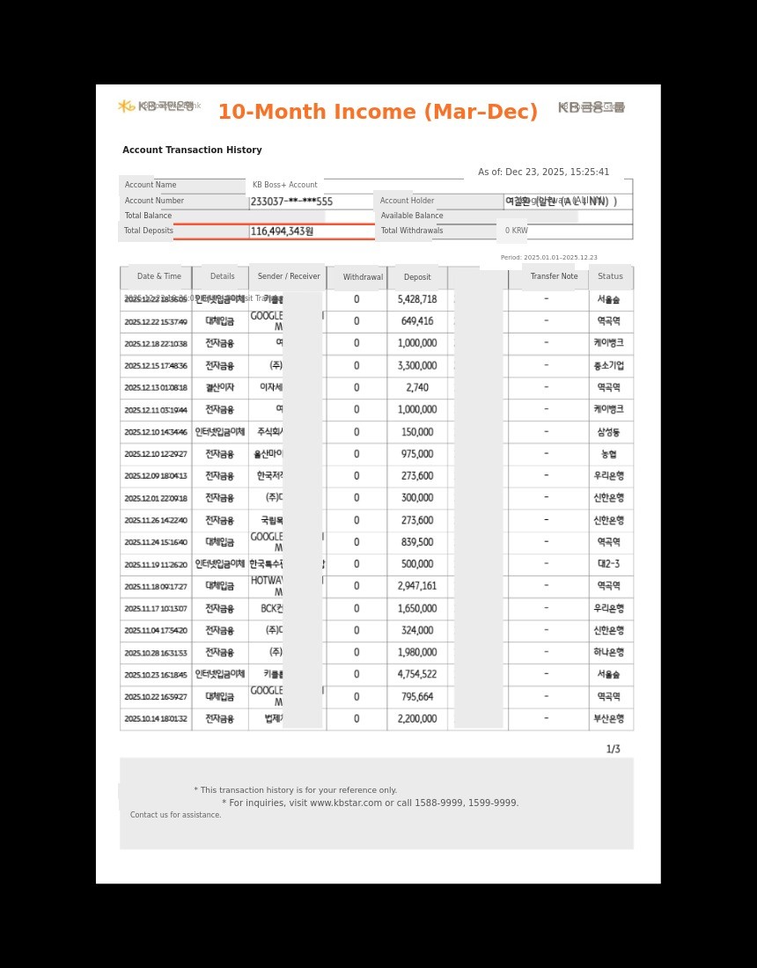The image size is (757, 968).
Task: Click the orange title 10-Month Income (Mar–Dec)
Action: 378,113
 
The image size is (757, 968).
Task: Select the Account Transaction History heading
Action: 192,150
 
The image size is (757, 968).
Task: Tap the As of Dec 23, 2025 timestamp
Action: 543,172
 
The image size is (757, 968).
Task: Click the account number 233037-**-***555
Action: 291,202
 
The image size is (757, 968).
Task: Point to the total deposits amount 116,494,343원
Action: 282,231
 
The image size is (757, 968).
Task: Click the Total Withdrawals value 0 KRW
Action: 516,231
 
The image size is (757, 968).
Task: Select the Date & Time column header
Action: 158,276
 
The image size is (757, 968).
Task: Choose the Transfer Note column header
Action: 554,276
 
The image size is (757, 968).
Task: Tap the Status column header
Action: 610,276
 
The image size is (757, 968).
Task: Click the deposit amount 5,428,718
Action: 417,299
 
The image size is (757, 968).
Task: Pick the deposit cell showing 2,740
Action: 417,388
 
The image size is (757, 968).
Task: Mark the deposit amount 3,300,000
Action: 417,366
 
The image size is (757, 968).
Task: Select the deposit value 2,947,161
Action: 417,586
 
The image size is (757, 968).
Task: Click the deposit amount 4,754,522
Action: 417,675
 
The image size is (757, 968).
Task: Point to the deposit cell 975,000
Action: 417,454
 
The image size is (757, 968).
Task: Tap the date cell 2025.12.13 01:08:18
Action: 156,388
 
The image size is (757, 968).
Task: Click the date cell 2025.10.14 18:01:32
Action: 156,719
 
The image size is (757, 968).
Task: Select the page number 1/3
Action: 613,750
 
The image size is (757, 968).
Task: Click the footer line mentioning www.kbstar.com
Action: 371,803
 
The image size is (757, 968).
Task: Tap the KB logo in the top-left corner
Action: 127,106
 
